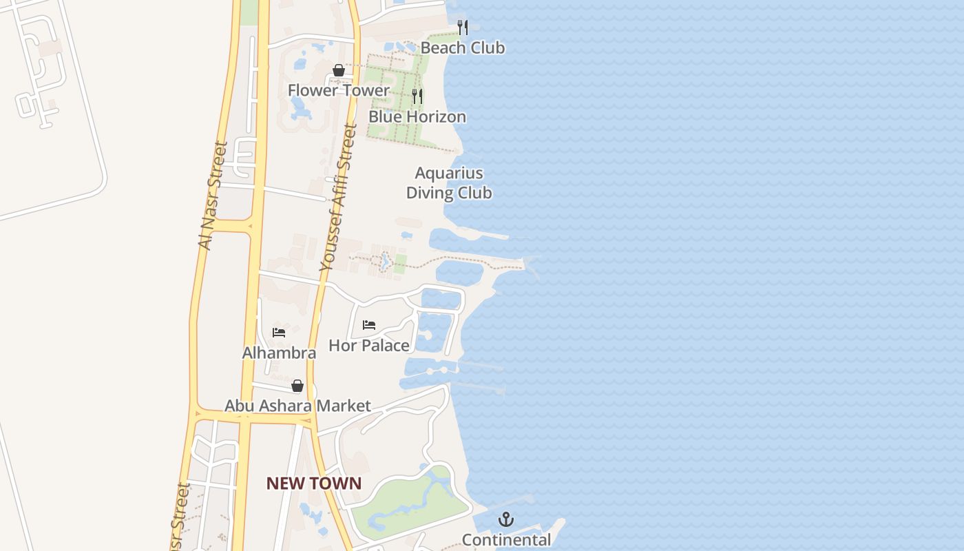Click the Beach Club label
click(462, 48)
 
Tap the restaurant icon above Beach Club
click(463, 28)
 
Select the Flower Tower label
click(338, 90)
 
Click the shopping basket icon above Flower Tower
click(338, 70)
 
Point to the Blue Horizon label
click(417, 116)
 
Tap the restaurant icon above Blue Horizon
click(417, 96)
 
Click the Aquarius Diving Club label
click(449, 183)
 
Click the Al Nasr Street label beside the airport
click(212, 196)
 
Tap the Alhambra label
click(279, 353)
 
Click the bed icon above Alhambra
click(279, 332)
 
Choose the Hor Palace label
click(369, 345)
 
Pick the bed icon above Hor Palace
click(369, 325)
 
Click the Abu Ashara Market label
click(297, 406)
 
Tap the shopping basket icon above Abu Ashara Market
click(297, 386)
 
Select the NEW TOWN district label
click(313, 484)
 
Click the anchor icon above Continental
click(506, 519)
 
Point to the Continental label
click(506, 540)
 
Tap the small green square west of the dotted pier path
click(400, 262)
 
